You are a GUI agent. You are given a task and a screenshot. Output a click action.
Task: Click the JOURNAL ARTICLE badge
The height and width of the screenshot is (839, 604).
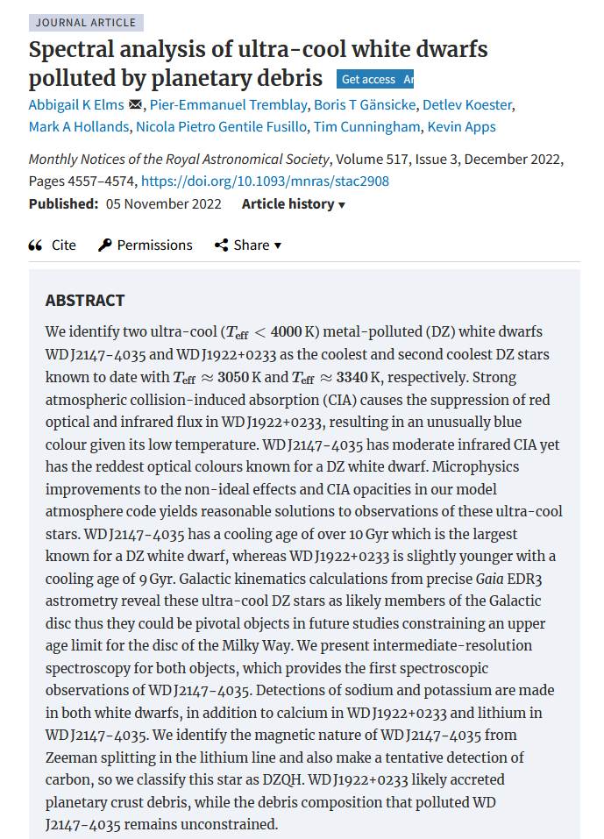tap(86, 23)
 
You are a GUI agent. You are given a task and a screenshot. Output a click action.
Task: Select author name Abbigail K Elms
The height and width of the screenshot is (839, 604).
tap(76, 105)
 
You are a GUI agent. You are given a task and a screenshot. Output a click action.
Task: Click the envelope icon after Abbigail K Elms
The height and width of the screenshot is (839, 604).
tap(135, 105)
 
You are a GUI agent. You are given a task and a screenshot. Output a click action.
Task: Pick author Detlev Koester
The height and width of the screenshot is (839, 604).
tap(467, 105)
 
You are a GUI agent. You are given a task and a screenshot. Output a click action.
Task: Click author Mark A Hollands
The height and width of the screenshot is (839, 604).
tap(79, 127)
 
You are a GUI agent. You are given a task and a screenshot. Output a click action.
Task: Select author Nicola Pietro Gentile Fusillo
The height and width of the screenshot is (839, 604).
tap(222, 127)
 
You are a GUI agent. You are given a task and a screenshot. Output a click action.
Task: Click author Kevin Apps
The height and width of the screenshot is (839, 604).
tap(461, 127)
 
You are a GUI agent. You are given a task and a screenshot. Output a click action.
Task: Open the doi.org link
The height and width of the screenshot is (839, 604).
tap(265, 181)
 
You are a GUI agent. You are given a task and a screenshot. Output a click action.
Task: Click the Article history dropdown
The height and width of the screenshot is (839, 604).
tap(293, 204)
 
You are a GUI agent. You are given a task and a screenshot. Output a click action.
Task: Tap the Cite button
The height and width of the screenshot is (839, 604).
tap(53, 245)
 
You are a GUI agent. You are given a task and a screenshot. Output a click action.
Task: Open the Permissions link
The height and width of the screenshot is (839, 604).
tap(146, 245)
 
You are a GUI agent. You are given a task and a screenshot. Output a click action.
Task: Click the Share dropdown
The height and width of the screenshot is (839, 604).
tap(248, 245)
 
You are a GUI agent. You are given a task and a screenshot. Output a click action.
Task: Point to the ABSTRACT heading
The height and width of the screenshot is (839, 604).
tap(85, 301)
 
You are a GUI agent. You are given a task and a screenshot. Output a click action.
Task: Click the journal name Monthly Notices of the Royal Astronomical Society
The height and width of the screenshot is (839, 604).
tap(179, 160)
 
